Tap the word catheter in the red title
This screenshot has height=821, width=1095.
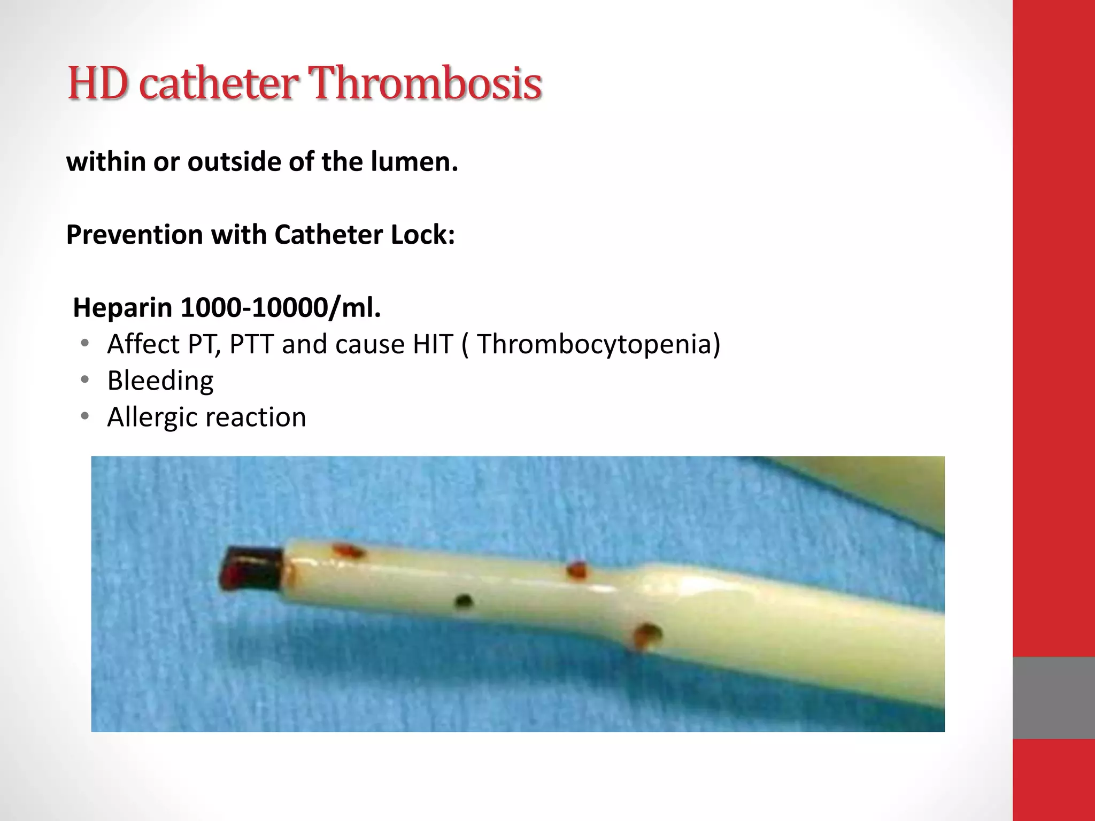coord(219,84)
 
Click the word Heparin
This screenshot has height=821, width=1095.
coord(123,308)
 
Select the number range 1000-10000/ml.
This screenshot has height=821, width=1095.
coord(281,308)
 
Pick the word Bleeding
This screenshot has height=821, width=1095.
coord(160,381)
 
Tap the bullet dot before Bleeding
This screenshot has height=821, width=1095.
coord(84,380)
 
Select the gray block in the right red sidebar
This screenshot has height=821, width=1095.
coord(1053,698)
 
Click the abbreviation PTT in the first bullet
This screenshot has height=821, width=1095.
coord(252,344)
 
